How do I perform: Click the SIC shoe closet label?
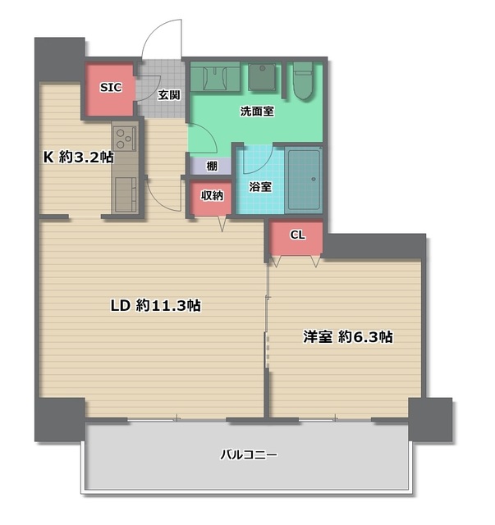pos(111,88)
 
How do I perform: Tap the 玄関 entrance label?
pos(169,95)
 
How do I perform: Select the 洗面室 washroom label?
pos(257,112)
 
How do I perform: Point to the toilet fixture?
pos(303,80)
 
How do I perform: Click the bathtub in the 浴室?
pos(304,180)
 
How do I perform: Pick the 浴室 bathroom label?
pos(260,187)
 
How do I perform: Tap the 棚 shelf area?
pos(211,166)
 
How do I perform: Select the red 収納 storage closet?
pos(212,198)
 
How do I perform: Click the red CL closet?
pos(296,238)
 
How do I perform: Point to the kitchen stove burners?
pos(125,139)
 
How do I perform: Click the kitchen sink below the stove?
pos(126,194)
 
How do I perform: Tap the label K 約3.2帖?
pos(79,157)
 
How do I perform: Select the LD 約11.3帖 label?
pos(156,305)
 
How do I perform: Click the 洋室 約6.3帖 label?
pos(348,336)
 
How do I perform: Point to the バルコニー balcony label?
pos(249,454)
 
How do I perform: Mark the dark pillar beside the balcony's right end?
pos(430,420)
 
